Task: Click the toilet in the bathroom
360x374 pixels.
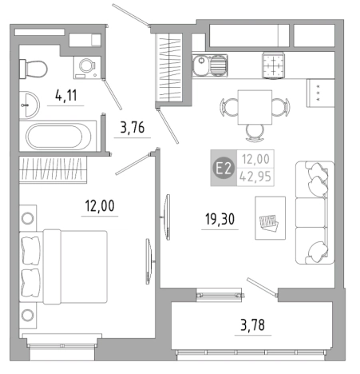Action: click(34, 69)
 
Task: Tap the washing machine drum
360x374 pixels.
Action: click(87, 65)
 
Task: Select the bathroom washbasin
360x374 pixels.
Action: click(29, 105)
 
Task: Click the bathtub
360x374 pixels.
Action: click(58, 137)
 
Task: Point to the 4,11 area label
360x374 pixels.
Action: click(65, 95)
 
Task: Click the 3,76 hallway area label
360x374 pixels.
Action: click(133, 127)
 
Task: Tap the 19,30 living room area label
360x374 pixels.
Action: click(220, 219)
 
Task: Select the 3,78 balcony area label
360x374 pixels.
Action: click(252, 325)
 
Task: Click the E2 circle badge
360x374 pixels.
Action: click(224, 169)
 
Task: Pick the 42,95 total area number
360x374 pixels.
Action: click(255, 177)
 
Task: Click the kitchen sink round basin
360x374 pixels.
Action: click(201, 66)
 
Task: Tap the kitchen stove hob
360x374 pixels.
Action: click(273, 66)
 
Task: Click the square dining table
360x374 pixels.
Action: click(255, 107)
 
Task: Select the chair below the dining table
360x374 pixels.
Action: click(255, 133)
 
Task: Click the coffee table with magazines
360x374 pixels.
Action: click(271, 218)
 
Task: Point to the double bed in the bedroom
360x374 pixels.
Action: click(63, 267)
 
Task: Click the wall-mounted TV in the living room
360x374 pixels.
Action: click(167, 217)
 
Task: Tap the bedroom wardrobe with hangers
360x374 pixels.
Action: click(53, 169)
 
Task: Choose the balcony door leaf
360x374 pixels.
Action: click(263, 287)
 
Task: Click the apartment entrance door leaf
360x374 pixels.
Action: click(130, 15)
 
